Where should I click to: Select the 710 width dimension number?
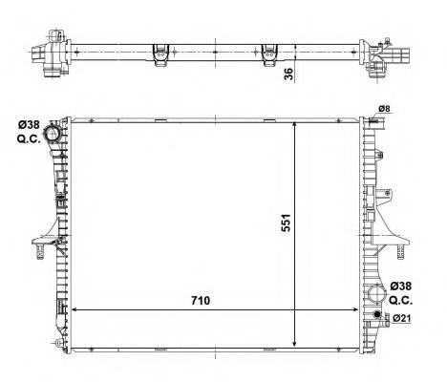click(199, 299)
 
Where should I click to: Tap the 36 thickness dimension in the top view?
click(288, 74)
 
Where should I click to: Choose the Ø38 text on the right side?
click(402, 286)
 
